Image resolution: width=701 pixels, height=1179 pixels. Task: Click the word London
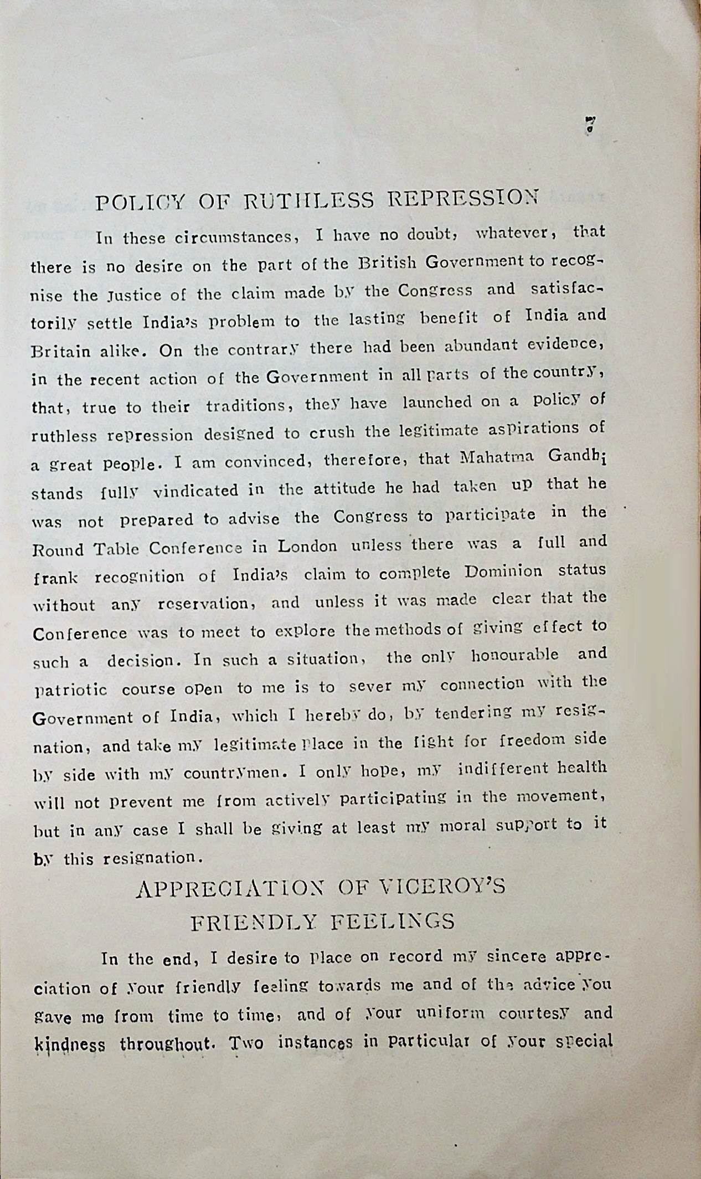tap(307, 547)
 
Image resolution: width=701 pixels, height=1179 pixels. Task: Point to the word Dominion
tap(503, 572)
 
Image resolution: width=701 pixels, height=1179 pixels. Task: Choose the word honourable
tap(514, 656)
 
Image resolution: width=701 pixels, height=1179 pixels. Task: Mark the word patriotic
tap(70, 690)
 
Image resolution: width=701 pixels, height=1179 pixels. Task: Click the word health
tap(581, 768)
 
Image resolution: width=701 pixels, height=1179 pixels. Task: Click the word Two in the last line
tap(246, 1043)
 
